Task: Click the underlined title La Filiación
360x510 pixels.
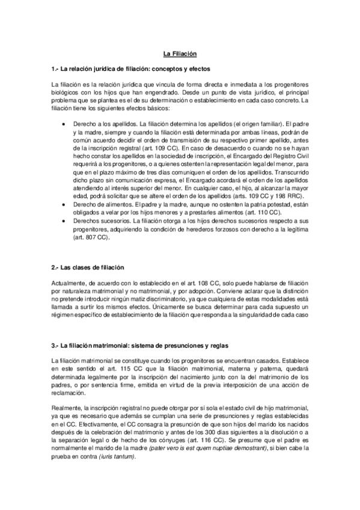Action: coord(180,54)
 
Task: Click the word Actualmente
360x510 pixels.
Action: coord(70,283)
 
